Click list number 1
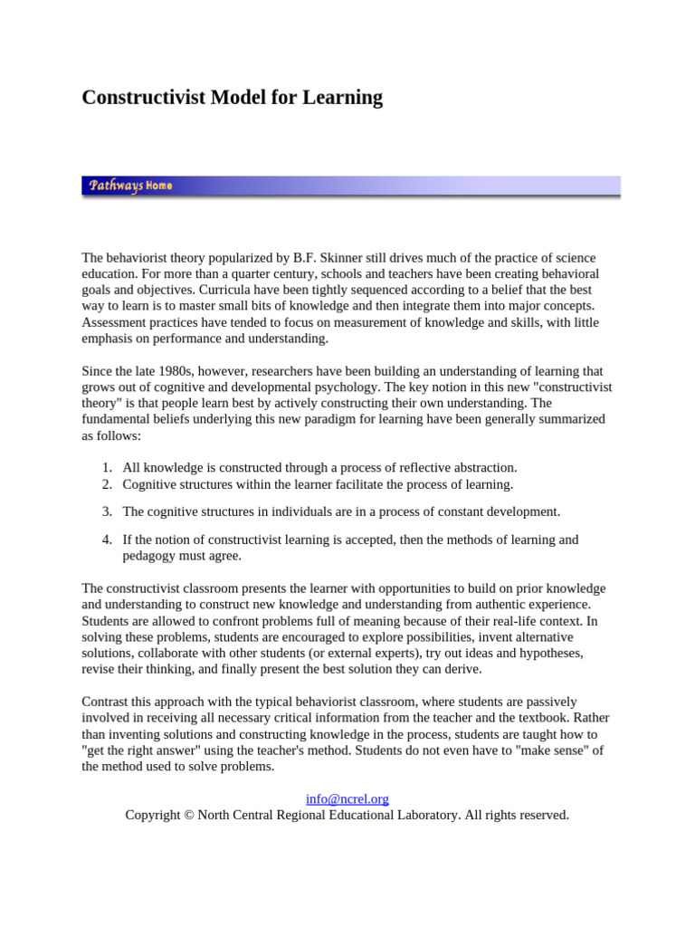pyautogui.click(x=106, y=467)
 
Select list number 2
pyautogui.click(x=106, y=483)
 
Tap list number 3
pyautogui.click(x=106, y=511)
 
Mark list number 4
pyautogui.click(x=106, y=540)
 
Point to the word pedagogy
pyautogui.click(x=151, y=556)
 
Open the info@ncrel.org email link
pyautogui.click(x=347, y=798)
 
